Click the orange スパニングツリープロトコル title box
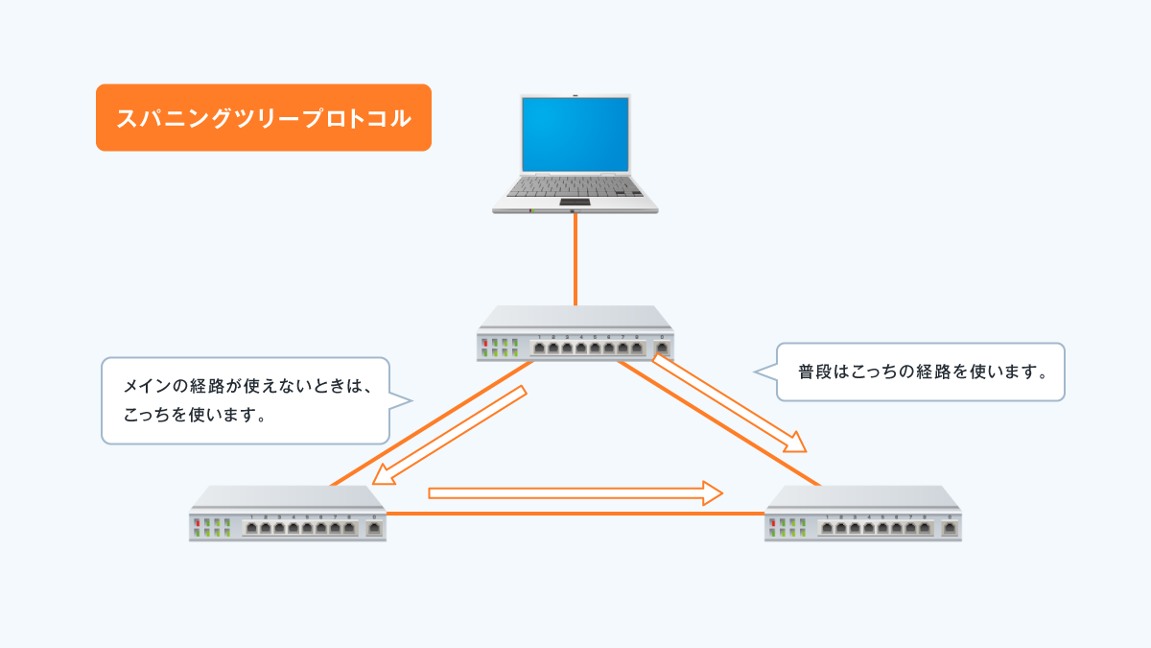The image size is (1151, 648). tap(263, 118)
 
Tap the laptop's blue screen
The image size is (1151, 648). tap(575, 133)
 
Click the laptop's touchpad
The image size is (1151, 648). tap(575, 200)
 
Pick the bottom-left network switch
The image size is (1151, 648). tap(287, 515)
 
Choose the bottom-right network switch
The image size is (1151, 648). tap(863, 515)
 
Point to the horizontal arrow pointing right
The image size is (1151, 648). tap(575, 493)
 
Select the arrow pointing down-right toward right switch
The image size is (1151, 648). tap(729, 403)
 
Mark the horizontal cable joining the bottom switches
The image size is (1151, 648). tap(575, 515)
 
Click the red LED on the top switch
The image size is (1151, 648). tap(485, 343)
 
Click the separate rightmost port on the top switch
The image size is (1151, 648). tap(661, 348)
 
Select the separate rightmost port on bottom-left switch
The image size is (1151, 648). tap(373, 528)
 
